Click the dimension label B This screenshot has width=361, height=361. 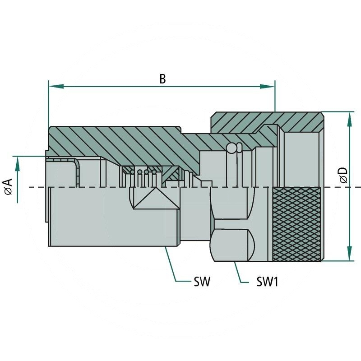pyautogui.click(x=162, y=79)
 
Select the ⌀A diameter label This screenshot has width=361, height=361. pyautogui.click(x=8, y=186)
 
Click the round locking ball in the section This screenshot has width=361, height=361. pyautogui.click(x=231, y=148)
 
